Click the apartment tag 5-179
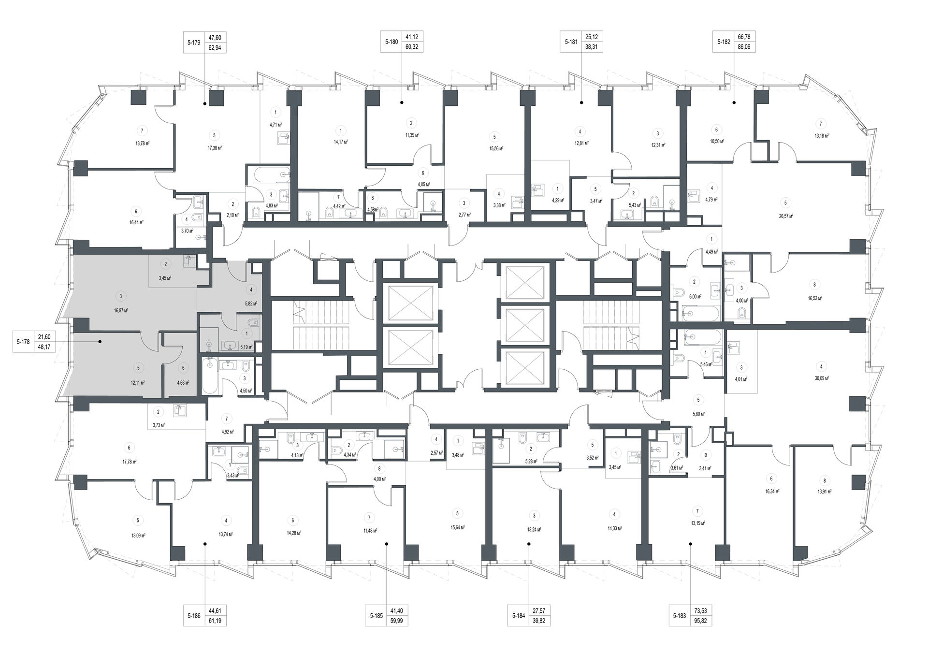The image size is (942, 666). click(x=194, y=43)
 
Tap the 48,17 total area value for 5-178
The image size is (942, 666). click(x=44, y=347)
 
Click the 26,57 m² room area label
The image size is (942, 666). click(x=785, y=216)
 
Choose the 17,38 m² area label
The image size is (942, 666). click(x=214, y=148)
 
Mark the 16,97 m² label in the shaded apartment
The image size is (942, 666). click(x=121, y=311)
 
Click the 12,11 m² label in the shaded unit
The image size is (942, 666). click(x=138, y=382)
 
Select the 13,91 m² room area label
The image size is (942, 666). click(x=825, y=492)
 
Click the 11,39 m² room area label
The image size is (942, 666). click(x=411, y=135)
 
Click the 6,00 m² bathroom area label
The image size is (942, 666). click(x=695, y=297)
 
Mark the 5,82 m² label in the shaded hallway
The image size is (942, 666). click(x=251, y=304)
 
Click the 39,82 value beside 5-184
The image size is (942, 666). click(x=538, y=621)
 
